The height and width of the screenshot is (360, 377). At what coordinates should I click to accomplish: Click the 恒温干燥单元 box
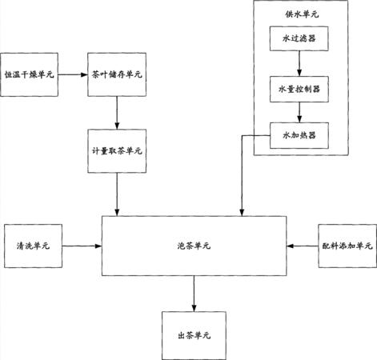coord(29,74)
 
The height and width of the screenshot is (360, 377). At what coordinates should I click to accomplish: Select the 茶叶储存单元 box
coord(117,74)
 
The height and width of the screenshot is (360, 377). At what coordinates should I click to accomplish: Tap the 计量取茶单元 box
coord(117,151)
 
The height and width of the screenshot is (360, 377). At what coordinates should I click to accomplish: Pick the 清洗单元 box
coord(33,246)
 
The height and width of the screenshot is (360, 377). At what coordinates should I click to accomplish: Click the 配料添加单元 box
coord(347,246)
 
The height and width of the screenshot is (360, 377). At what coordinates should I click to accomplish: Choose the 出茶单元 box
coord(194,335)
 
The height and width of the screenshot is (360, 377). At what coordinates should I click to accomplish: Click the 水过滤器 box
coord(299,38)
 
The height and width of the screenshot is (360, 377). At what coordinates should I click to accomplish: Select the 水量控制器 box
coord(299,89)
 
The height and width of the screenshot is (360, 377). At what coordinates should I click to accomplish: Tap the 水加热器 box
coord(299,135)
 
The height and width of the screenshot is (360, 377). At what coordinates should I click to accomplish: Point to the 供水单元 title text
coord(302,14)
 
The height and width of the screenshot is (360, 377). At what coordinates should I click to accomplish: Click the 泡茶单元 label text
coord(194,246)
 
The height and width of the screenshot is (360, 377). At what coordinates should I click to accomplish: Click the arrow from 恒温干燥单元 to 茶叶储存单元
coord(73,74)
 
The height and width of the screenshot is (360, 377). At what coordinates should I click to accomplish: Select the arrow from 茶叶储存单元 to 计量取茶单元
coord(117,113)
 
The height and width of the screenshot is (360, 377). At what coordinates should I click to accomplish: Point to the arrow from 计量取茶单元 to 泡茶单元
coord(117,194)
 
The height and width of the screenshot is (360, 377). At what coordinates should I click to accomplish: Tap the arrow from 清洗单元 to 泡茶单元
coord(82,246)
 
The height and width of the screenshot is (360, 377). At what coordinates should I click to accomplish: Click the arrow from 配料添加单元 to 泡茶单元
coord(303,246)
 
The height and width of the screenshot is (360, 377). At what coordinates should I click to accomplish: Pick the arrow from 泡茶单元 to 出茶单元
coord(194,294)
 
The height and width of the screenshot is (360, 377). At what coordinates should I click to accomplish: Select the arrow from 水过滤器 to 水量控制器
coord(299,63)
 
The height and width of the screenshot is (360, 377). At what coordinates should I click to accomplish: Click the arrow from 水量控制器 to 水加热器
coord(299,112)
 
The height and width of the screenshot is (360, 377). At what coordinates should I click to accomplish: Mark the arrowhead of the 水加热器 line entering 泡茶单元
coord(242,213)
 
